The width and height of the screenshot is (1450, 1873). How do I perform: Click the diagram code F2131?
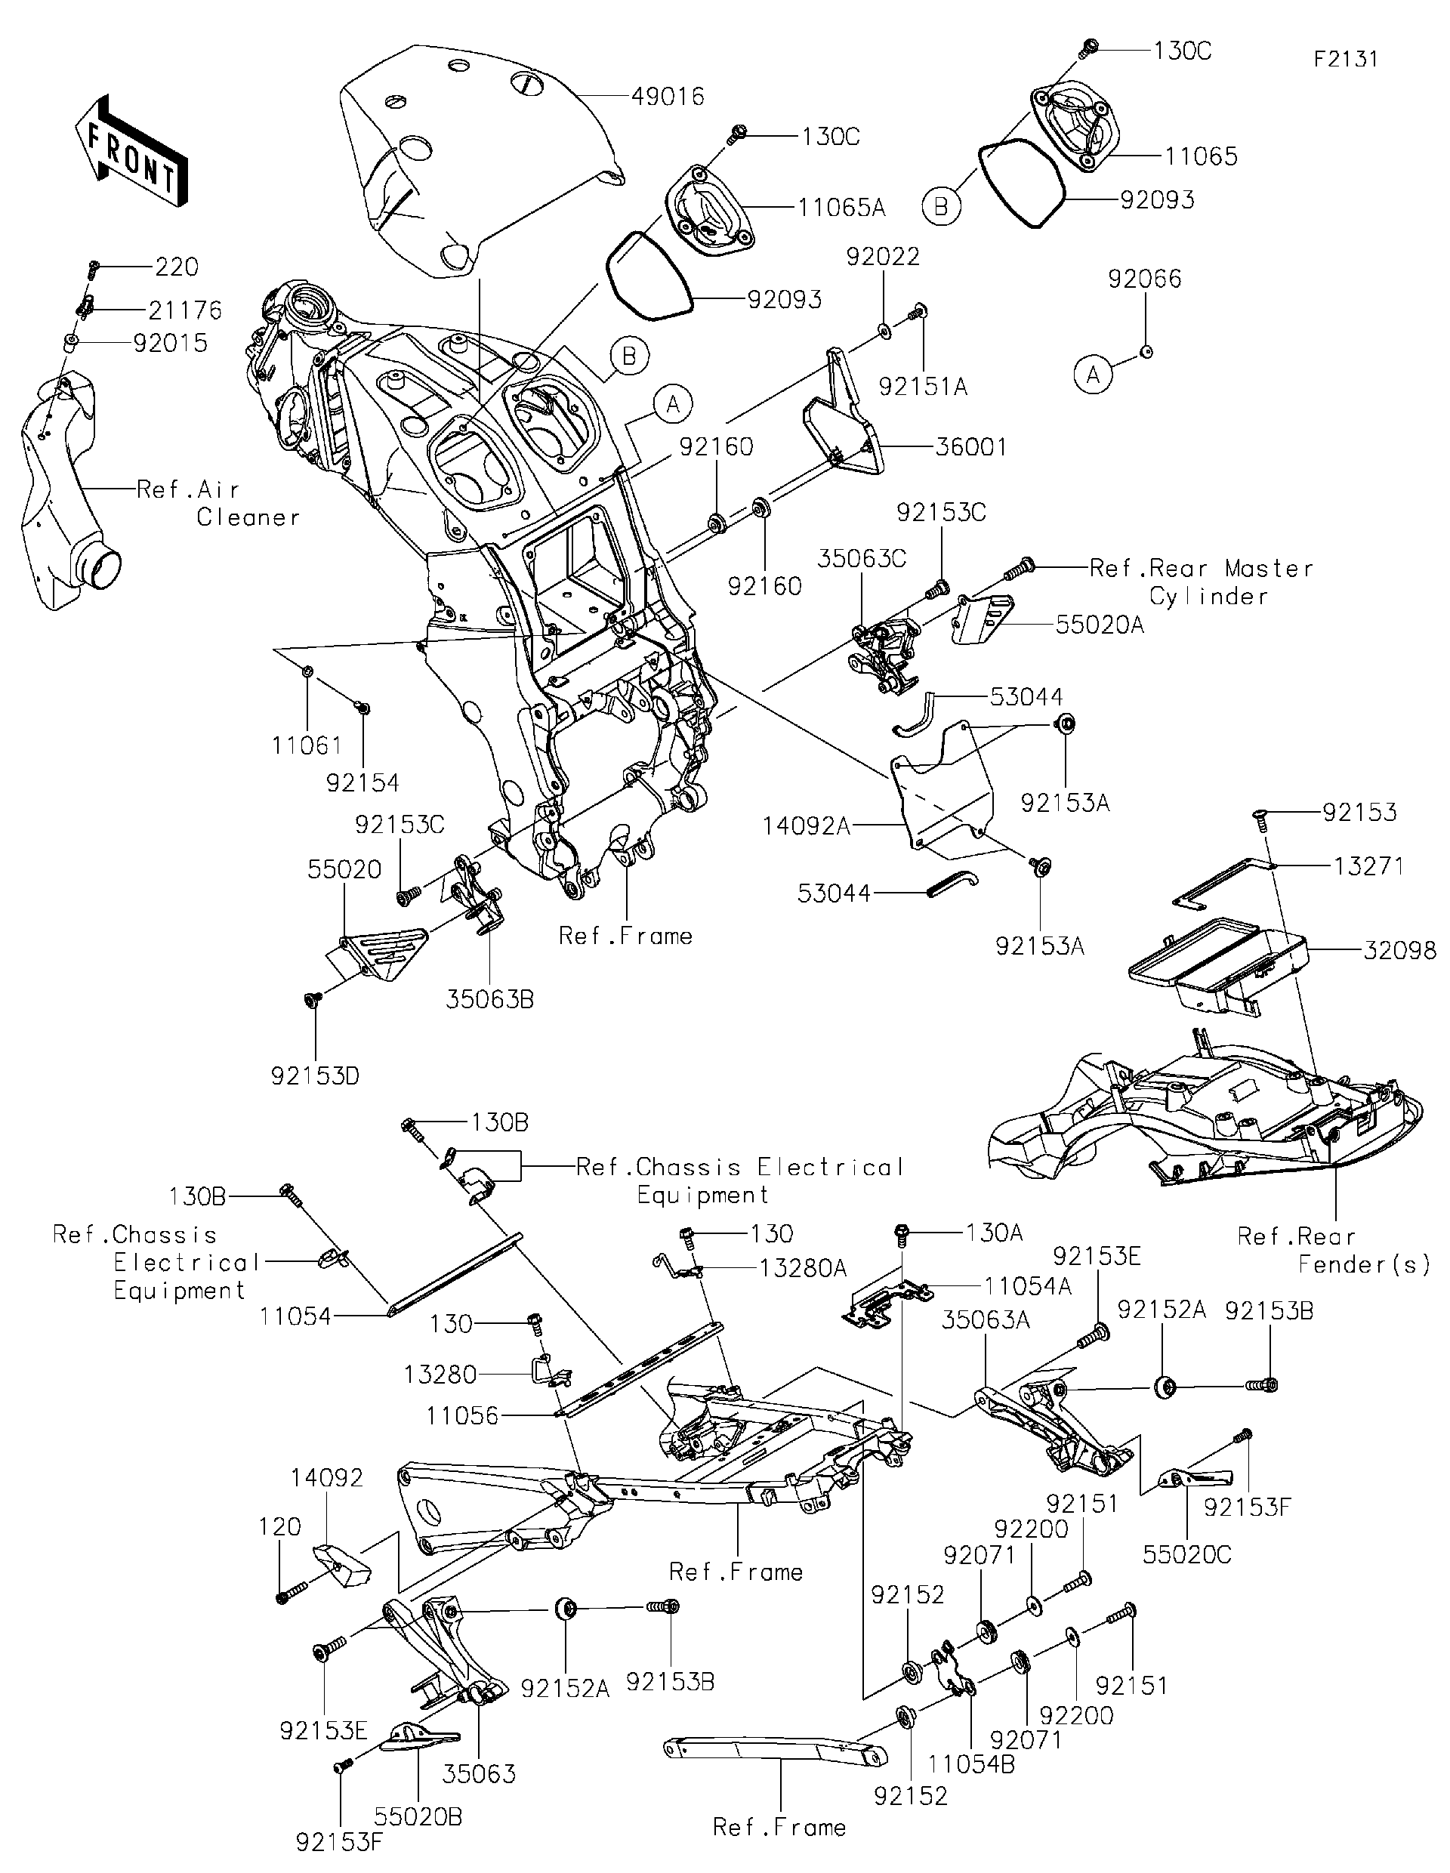click(1345, 58)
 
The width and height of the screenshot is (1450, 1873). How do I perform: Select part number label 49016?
click(667, 97)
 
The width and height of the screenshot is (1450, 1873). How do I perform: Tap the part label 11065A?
click(841, 208)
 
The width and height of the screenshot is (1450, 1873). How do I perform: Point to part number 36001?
click(970, 447)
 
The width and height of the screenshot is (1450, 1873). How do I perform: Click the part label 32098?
click(1399, 950)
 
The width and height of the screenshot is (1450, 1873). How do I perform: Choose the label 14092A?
click(806, 826)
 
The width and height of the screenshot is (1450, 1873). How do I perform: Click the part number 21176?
click(184, 310)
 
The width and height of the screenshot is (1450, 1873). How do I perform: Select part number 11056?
click(462, 1416)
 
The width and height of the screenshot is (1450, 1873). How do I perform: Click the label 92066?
click(1145, 279)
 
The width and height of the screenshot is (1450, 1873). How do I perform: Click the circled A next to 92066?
click(1094, 375)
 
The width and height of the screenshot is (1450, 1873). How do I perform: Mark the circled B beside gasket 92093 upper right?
click(941, 208)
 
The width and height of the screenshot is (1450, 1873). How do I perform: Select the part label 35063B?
click(489, 999)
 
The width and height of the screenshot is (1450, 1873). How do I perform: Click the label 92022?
click(882, 257)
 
